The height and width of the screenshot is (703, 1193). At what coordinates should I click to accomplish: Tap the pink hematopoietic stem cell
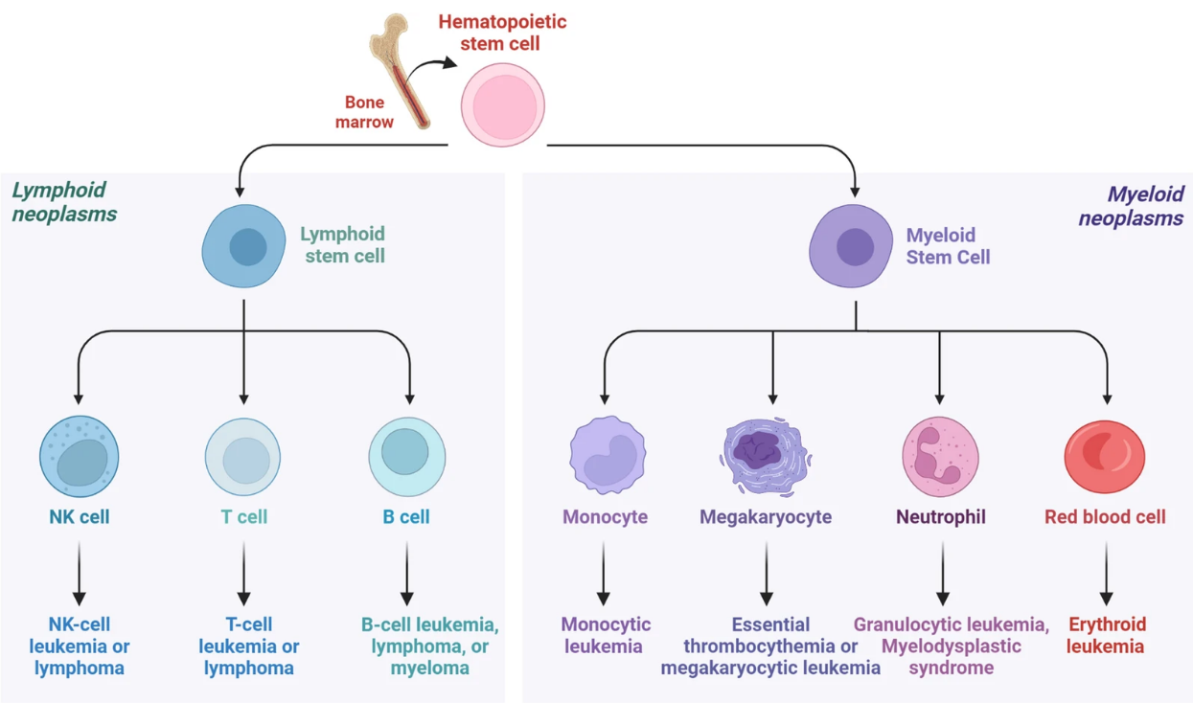pyautogui.click(x=503, y=105)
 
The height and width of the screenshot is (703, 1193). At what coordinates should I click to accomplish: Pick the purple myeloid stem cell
pyautogui.click(x=854, y=246)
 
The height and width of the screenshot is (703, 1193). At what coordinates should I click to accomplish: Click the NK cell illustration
pyautogui.click(x=80, y=456)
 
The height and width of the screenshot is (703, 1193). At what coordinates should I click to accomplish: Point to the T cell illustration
pyautogui.click(x=243, y=456)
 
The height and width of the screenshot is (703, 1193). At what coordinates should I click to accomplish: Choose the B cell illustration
pyautogui.click(x=407, y=456)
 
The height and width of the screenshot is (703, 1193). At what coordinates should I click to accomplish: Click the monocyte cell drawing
pyautogui.click(x=608, y=455)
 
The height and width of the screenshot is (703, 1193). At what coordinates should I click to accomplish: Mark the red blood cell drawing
pyautogui.click(x=1105, y=456)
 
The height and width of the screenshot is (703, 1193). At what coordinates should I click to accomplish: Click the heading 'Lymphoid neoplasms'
pyautogui.click(x=64, y=202)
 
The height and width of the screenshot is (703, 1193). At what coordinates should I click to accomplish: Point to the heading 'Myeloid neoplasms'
pyautogui.click(x=1132, y=206)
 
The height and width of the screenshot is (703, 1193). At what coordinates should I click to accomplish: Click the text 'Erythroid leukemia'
pyautogui.click(x=1106, y=635)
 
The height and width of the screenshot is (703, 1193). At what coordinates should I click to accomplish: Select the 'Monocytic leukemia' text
pyautogui.click(x=606, y=635)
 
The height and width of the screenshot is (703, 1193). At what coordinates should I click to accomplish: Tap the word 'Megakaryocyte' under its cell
pyautogui.click(x=766, y=517)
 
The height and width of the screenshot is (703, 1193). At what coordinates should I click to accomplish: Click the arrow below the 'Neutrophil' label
pyautogui.click(x=943, y=572)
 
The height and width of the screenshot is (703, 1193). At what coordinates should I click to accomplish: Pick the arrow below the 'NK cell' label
pyautogui.click(x=80, y=572)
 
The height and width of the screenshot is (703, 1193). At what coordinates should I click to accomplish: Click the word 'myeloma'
pyautogui.click(x=429, y=668)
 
